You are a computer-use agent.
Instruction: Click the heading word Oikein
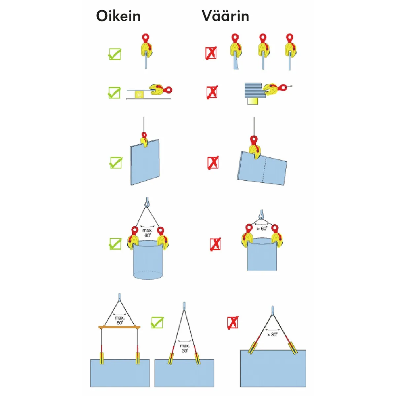[118, 16]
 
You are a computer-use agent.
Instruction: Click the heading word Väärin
[225, 16]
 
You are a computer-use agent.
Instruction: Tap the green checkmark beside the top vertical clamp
[115, 54]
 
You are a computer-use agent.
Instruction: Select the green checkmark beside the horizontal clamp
[114, 92]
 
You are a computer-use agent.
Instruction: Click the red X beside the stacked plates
[212, 92]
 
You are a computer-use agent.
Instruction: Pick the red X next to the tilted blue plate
[213, 163]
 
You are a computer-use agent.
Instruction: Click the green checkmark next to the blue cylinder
[115, 244]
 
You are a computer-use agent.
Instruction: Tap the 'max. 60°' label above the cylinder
[148, 233]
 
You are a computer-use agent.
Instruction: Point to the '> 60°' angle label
[262, 228]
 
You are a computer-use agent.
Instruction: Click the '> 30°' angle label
[272, 334]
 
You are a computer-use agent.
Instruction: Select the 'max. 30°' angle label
[185, 348]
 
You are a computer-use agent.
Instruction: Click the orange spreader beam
[119, 327]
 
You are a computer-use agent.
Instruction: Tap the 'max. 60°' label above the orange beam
[120, 320]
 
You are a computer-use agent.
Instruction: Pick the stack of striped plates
[253, 90]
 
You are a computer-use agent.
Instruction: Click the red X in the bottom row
[233, 322]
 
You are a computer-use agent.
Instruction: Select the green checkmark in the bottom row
[157, 322]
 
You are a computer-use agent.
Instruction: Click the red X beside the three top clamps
[211, 53]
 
